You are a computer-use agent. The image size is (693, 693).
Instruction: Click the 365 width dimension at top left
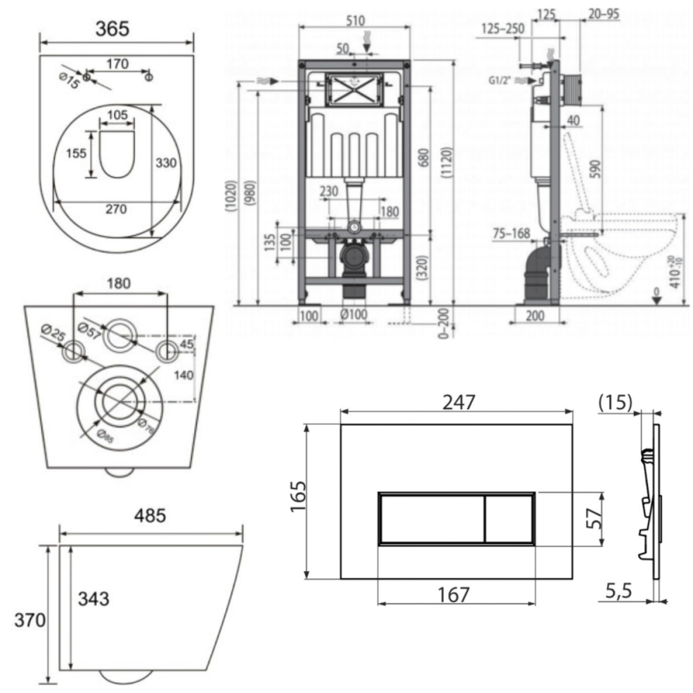[x=111, y=28]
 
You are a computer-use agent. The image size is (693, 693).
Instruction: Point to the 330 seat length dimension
[x=166, y=163]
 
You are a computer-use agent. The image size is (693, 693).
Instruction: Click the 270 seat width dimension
[x=116, y=209]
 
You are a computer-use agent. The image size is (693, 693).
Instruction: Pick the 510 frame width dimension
[x=354, y=20]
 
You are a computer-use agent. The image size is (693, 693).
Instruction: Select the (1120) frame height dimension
[x=447, y=163]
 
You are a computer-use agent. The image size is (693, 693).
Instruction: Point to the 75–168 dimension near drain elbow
[x=510, y=233]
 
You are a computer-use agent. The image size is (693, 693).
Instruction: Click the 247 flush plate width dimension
[x=458, y=402]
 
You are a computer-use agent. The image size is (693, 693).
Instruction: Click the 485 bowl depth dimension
[x=150, y=515]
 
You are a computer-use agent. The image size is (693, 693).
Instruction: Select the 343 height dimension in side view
[x=93, y=598]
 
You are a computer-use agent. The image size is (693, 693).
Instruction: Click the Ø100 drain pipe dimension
[x=354, y=314]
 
